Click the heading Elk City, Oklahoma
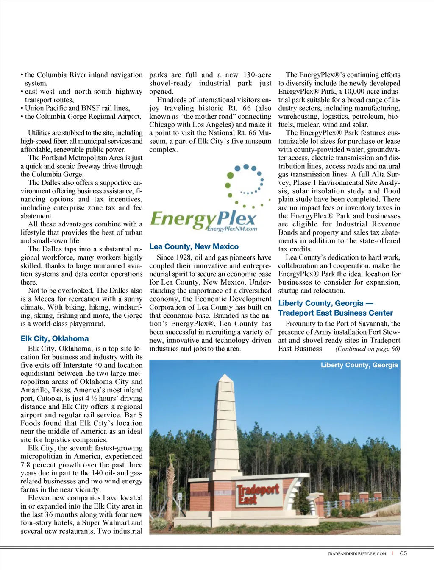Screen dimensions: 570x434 pyautogui.click(x=55, y=338)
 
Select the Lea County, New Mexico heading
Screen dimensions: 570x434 pyautogui.click(x=194, y=246)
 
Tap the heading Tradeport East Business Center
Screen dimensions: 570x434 pyautogui.click(x=335, y=313)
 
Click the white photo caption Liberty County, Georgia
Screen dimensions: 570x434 pyautogui.click(x=359, y=365)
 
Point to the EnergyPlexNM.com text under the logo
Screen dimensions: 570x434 pyautogui.click(x=232, y=229)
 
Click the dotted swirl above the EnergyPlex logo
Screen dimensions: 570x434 pyautogui.click(x=246, y=184)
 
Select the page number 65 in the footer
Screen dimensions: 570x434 pyautogui.click(x=403, y=553)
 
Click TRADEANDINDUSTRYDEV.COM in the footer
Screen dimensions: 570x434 pyautogui.click(x=356, y=553)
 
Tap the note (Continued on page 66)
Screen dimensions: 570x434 pyautogui.click(x=367, y=349)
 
